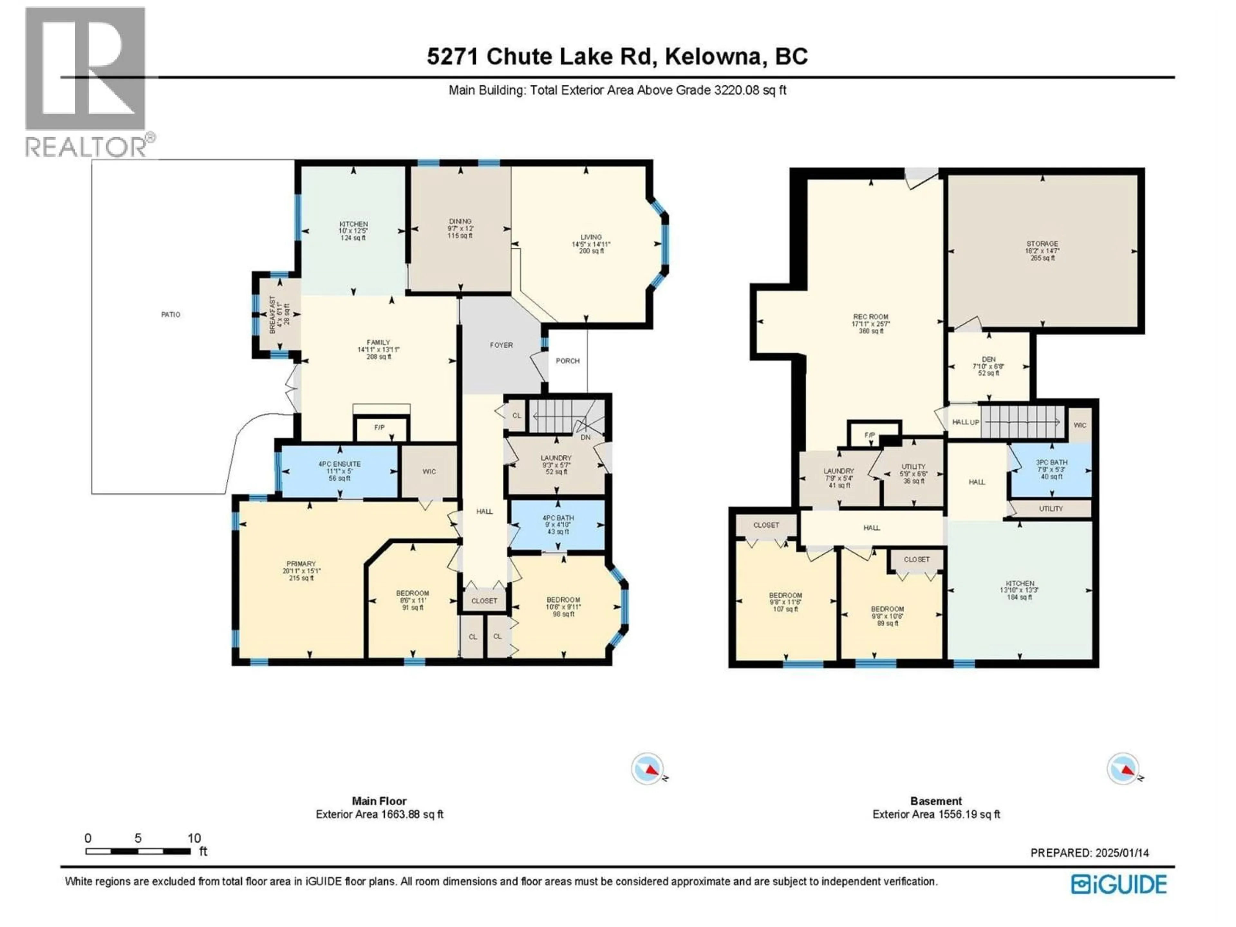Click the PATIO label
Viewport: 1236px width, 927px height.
170,314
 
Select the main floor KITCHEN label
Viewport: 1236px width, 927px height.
353,224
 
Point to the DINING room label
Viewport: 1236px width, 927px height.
460,221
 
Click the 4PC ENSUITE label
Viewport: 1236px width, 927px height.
339,464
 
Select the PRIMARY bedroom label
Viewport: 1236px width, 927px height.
301,564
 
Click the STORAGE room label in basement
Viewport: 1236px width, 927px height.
1042,244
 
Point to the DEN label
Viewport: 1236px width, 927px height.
988,359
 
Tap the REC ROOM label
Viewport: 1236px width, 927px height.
871,317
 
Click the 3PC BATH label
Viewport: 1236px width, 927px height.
1052,462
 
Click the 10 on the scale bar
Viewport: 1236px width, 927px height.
194,838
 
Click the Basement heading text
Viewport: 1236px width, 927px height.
936,801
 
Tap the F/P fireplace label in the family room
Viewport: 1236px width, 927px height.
379,427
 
